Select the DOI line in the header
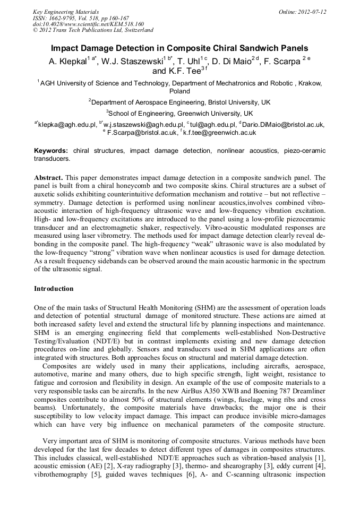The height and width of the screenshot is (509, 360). [x=88, y=24]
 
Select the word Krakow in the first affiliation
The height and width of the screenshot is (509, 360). [x=311, y=83]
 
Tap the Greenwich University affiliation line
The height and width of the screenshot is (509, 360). [x=181, y=114]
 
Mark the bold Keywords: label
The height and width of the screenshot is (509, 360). [x=51, y=151]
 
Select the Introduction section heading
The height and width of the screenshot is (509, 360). [x=54, y=289]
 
